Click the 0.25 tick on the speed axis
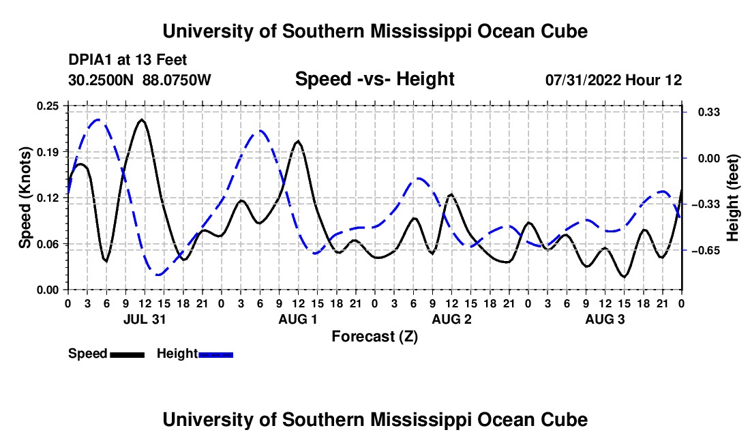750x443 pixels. pos(48,106)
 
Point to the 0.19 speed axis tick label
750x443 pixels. pos(48,152)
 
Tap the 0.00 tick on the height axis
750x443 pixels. pos(709,158)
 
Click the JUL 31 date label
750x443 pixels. pos(145,319)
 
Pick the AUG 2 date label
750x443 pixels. pos(451,319)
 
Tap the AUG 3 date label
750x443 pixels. pos(605,319)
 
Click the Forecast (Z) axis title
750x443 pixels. pos(375,337)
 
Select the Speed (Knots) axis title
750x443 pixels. pos(25,198)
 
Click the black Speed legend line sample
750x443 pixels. pos(127,354)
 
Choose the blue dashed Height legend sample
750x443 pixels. pos(215,354)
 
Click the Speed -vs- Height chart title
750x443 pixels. pos(375,79)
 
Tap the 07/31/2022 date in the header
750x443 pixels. pos(583,80)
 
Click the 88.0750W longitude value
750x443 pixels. pos(177,80)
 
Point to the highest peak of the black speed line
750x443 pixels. pos(142,119)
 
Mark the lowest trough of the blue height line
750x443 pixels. pos(159,275)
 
